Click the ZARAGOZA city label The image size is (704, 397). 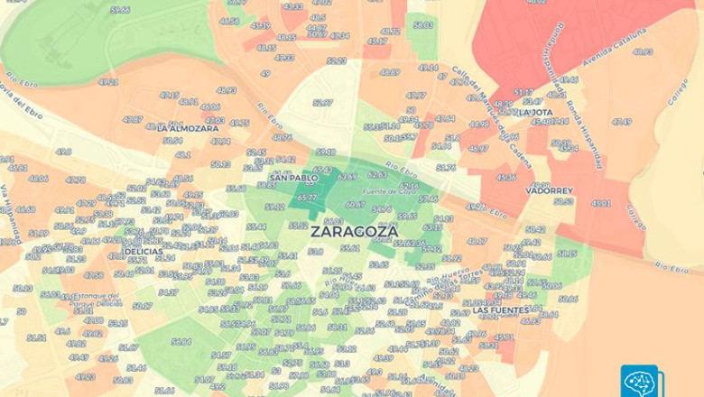(x=354, y=231)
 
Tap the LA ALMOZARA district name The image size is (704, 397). (x=187, y=128)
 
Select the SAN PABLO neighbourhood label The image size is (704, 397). (x=293, y=178)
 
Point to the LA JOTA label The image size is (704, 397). (x=536, y=113)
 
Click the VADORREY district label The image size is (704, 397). (x=551, y=191)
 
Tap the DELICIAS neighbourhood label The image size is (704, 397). (x=144, y=328)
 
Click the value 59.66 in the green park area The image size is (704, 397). (x=119, y=10)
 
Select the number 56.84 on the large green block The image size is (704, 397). (x=181, y=341)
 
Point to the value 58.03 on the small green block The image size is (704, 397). (x=423, y=24)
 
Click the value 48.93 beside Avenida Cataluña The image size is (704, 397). (x=643, y=51)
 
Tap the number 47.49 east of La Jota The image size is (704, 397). (x=622, y=121)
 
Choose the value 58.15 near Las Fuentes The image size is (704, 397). (x=567, y=254)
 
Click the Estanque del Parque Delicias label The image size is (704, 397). (x=95, y=299)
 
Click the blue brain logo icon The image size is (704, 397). (x=641, y=381)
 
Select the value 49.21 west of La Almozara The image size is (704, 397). (x=108, y=82)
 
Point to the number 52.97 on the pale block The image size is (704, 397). (x=322, y=102)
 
